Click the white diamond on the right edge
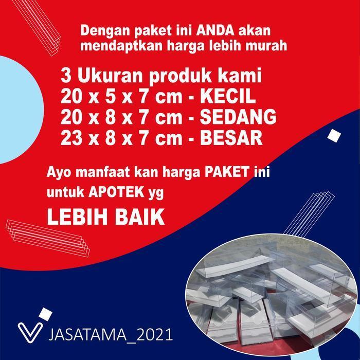click(334, 135)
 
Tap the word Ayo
click(58, 171)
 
